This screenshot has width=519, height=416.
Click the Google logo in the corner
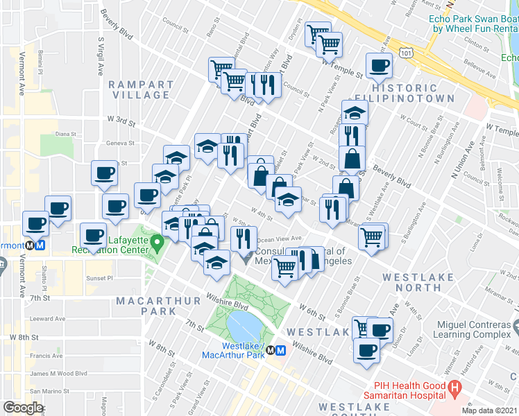point(24,407)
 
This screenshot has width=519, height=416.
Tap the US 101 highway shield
point(405,53)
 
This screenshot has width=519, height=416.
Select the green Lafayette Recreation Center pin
point(158,243)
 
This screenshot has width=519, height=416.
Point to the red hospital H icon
point(455,389)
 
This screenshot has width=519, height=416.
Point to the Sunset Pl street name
point(97,278)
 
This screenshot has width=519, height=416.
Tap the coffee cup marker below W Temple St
point(379,67)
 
